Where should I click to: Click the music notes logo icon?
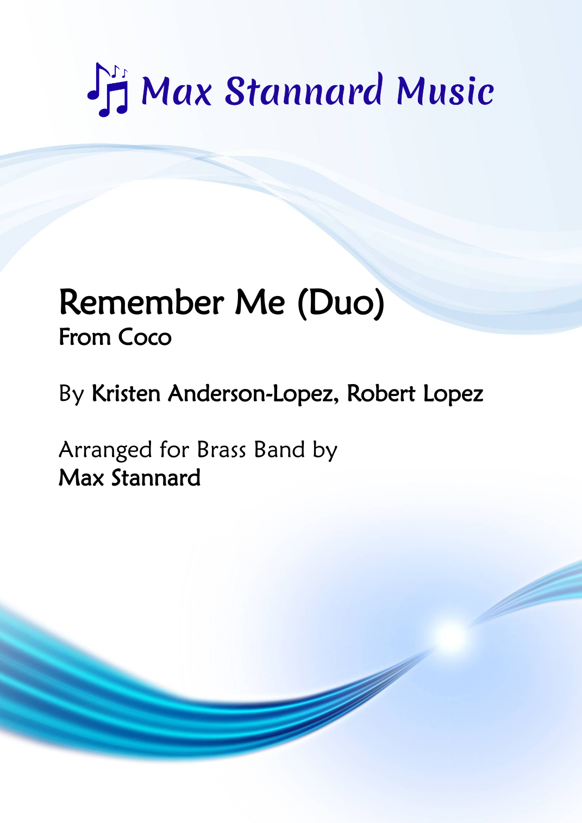(108, 90)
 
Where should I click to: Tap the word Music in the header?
(445, 91)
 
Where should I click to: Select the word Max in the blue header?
(177, 91)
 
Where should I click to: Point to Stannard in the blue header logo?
(304, 91)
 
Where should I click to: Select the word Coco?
(145, 337)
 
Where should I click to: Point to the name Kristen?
(126, 393)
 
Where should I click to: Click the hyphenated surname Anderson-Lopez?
(253, 393)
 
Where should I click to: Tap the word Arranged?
(105, 450)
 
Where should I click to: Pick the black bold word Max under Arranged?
(81, 478)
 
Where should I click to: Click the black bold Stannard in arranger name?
(156, 478)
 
